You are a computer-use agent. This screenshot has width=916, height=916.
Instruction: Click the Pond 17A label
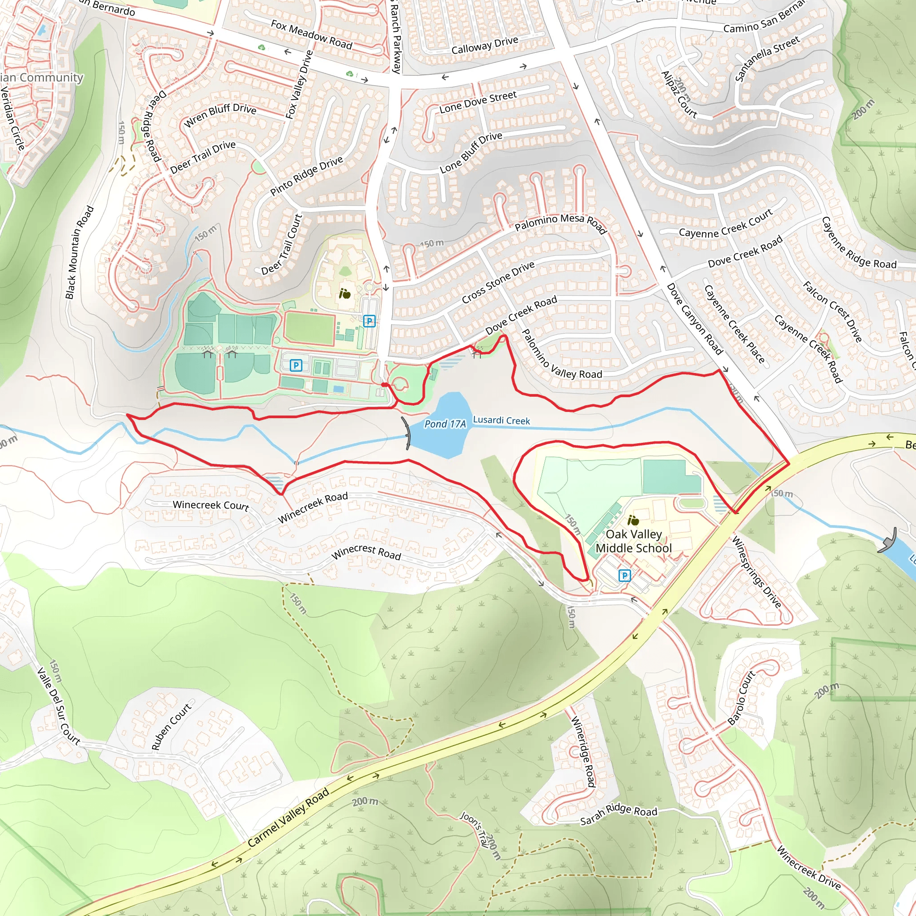coord(445,424)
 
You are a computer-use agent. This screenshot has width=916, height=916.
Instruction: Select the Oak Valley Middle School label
coord(633,541)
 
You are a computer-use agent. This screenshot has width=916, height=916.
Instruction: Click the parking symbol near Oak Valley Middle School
coord(624,576)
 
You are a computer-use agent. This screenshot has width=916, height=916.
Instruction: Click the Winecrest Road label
coord(366,552)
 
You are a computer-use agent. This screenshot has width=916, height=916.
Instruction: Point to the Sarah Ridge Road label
coord(618,814)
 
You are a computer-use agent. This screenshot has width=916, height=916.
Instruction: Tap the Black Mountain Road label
coord(79,252)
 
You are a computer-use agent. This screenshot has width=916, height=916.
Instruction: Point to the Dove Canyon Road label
coord(695,318)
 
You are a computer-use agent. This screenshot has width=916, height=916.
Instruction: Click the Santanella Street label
coord(767,59)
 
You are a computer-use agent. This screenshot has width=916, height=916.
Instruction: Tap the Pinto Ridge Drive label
coord(306,175)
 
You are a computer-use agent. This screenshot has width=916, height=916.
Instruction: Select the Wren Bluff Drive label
coord(220,115)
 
